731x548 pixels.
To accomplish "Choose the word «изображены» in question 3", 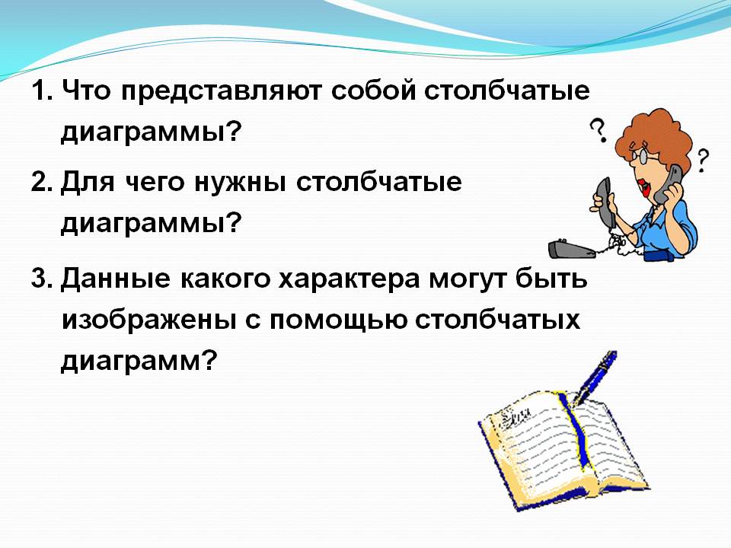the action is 148,321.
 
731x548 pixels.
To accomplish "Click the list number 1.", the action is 42,90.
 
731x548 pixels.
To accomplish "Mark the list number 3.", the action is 43,279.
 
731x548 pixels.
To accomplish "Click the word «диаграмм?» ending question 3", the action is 139,361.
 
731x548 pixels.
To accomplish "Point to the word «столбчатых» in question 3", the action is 497,320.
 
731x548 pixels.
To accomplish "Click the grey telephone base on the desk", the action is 572,249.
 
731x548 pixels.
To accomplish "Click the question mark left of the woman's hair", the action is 599,130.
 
